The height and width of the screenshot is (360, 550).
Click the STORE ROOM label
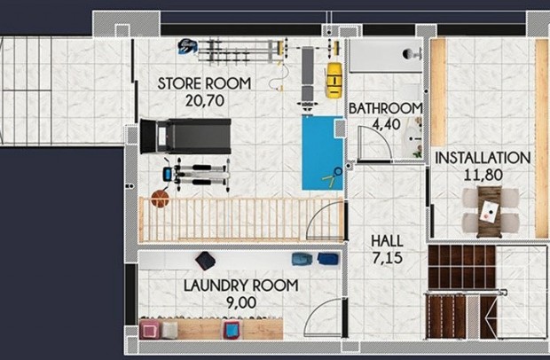[x=204, y=83]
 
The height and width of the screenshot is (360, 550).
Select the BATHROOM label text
[x=385, y=108]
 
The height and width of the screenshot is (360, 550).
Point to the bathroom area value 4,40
[x=386, y=124]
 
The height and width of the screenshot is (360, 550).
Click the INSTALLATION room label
[x=483, y=158]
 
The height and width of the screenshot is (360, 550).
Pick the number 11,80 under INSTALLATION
[x=483, y=174]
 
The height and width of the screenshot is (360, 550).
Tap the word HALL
[x=387, y=240]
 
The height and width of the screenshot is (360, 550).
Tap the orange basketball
[x=160, y=200]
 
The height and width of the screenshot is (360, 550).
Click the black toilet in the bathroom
[x=411, y=53]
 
